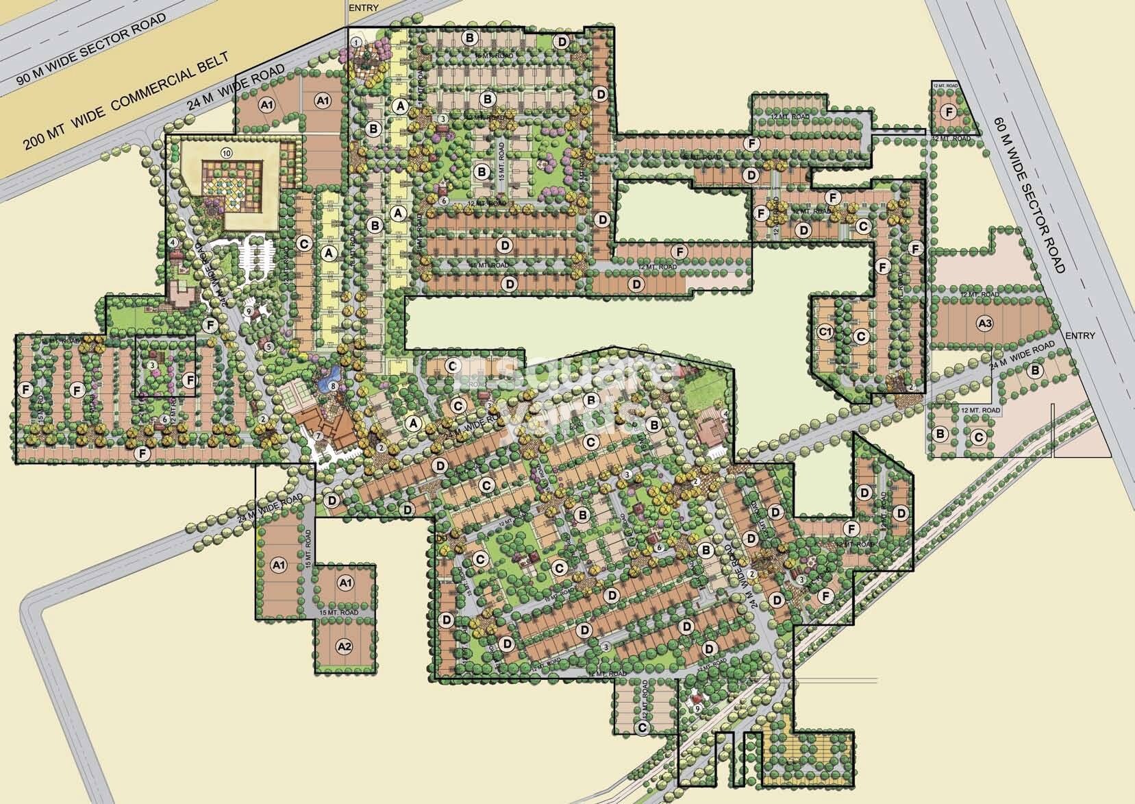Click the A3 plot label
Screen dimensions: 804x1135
click(984, 322)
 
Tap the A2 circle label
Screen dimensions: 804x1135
click(345, 646)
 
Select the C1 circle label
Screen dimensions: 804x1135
click(825, 332)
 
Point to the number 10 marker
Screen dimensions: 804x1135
click(227, 151)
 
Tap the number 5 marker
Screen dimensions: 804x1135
click(269, 347)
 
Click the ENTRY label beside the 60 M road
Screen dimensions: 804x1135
click(1080, 335)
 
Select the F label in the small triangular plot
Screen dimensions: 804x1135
click(949, 112)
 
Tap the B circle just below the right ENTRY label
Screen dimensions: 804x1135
click(1036, 371)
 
